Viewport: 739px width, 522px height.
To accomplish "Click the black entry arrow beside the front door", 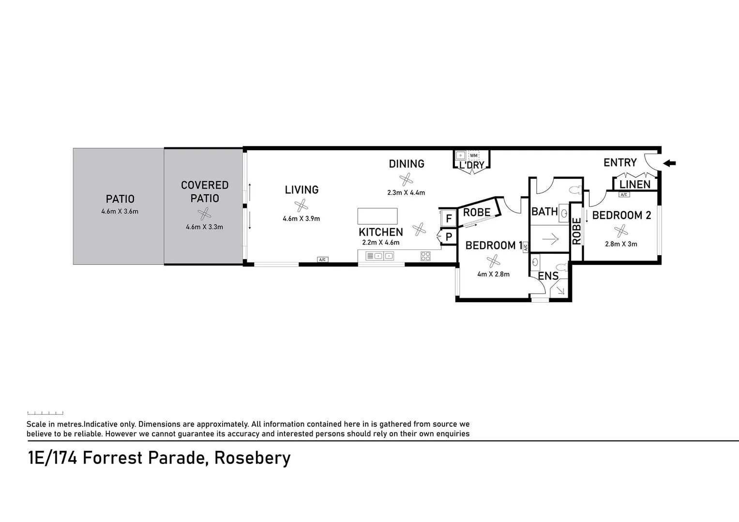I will coord(669,163).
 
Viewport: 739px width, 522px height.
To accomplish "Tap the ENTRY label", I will coord(620,163).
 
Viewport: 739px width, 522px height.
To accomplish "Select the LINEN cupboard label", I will coord(635,185).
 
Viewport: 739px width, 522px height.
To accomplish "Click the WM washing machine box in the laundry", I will coord(473,156).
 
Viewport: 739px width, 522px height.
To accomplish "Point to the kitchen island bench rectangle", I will coord(377,216).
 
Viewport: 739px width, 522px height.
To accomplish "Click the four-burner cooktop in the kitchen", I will coord(425,256).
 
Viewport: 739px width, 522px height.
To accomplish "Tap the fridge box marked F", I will coord(449,219).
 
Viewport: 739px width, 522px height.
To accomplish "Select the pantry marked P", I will coord(449,237).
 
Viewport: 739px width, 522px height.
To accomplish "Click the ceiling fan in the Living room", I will coord(302,205).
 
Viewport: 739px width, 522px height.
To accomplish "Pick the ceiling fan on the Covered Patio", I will coord(205,214).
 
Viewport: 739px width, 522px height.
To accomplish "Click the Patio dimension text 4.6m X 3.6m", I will coord(120,211).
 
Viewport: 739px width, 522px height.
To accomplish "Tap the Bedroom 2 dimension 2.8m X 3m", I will coord(621,244).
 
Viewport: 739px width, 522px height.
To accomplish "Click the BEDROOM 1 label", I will coord(491,246).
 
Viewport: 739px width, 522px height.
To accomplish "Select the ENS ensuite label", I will coord(548,276).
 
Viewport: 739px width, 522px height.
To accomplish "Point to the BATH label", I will coord(544,212).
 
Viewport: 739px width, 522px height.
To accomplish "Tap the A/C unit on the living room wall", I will coord(323,260).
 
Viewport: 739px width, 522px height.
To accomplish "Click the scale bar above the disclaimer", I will coord(45,413).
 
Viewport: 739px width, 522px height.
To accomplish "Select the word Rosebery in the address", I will coord(252,457).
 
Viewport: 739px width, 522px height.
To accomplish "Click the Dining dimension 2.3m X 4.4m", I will coord(406,192).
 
